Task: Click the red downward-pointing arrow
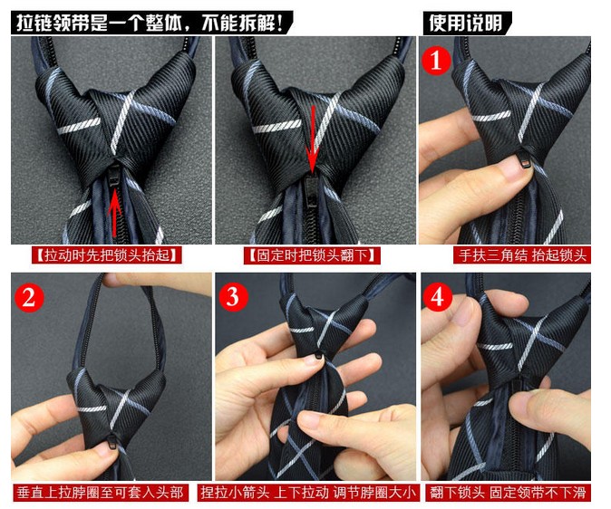314,136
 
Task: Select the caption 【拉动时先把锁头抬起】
105,255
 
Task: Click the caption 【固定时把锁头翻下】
312,255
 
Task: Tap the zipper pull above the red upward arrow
114,177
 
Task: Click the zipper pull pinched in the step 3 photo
320,360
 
